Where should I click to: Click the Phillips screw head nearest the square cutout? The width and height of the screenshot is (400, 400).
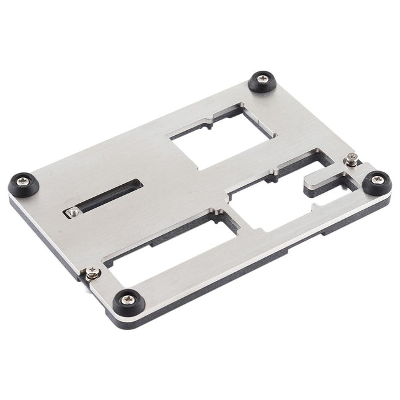[x=260, y=81]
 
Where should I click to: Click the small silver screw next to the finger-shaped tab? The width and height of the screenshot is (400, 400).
[x=350, y=160]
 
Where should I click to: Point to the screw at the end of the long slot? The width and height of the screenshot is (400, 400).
[x=74, y=212]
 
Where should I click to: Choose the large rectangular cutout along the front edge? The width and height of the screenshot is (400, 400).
[x=167, y=248]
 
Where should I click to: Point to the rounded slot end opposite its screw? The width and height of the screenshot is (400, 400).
[x=138, y=184]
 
